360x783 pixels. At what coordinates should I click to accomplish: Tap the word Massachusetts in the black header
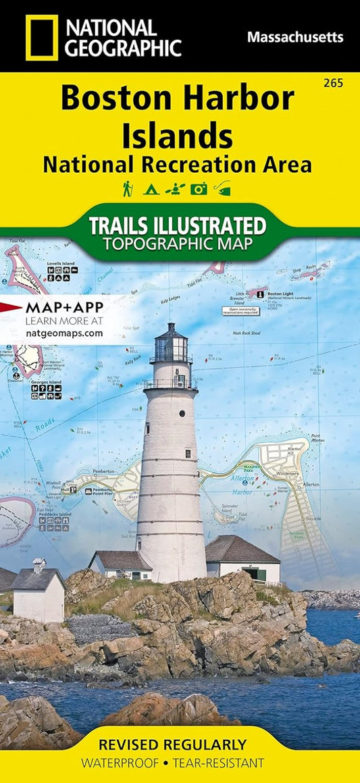(x=294, y=37)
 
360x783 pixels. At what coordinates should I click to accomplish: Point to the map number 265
(x=333, y=83)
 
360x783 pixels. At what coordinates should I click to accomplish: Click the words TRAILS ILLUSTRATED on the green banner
(x=177, y=225)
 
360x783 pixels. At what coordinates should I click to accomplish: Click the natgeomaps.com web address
(x=64, y=333)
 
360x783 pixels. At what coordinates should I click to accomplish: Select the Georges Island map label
(x=45, y=382)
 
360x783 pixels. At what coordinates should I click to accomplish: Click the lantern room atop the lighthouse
(x=170, y=346)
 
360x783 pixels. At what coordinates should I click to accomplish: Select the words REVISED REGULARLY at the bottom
(x=173, y=745)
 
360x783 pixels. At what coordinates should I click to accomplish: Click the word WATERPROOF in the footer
(x=118, y=763)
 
